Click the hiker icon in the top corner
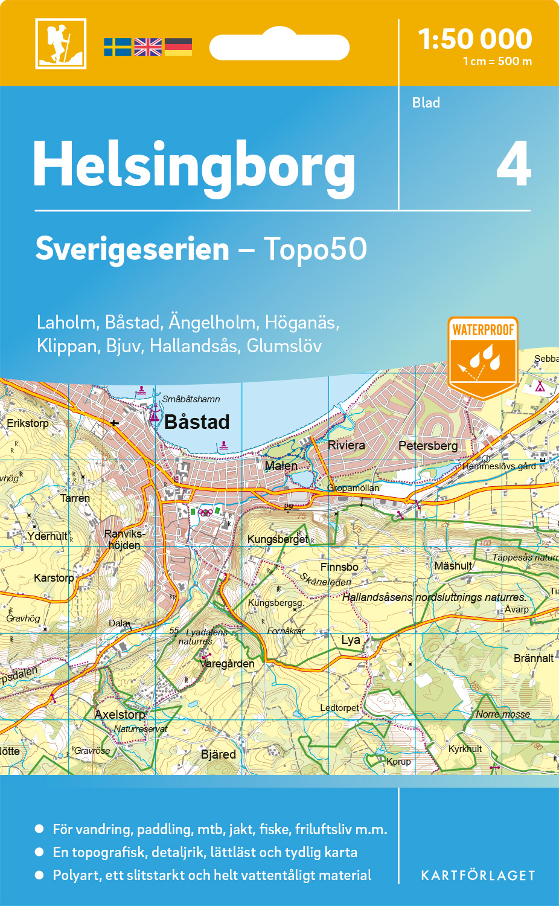tap(61, 43)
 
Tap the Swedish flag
tap(117, 47)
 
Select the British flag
tap(148, 47)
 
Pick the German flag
tap(178, 47)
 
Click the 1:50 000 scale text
tap(475, 39)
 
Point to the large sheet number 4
tap(513, 164)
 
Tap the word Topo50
tap(315, 249)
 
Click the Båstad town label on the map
tap(197, 422)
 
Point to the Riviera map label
tap(346, 445)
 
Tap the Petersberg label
tap(428, 446)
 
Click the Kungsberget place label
tap(278, 539)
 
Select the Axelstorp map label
tap(120, 715)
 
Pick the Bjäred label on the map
tap(219, 754)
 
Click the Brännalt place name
tap(534, 658)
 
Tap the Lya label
tap(351, 640)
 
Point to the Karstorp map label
tap(54, 578)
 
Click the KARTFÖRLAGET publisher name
tap(478, 876)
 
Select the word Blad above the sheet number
tap(426, 103)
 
